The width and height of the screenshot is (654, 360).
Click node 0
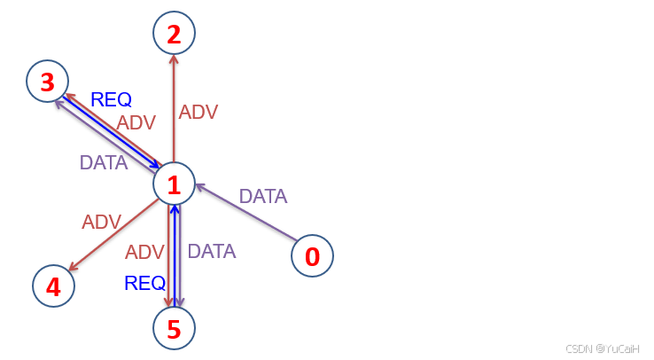312,256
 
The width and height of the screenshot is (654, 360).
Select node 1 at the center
174,184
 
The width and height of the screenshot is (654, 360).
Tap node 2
174,34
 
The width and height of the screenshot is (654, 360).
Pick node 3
47,82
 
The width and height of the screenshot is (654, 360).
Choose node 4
53,286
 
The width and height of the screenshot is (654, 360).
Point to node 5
174,329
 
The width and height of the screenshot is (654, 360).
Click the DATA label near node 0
263,196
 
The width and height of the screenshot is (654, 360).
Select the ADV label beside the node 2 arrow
198,112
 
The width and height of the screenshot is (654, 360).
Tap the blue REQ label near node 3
111,100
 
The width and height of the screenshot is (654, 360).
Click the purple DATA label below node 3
104,162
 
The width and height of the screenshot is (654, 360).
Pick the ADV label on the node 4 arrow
101,222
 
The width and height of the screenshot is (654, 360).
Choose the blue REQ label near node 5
144,283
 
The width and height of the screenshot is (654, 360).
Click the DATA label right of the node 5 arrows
212,251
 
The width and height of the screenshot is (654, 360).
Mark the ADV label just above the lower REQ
144,252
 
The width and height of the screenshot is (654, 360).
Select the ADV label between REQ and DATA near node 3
136,122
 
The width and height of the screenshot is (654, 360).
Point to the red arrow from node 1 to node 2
174,106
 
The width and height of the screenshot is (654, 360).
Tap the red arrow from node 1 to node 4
113,235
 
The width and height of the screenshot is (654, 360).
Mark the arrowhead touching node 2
174,59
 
